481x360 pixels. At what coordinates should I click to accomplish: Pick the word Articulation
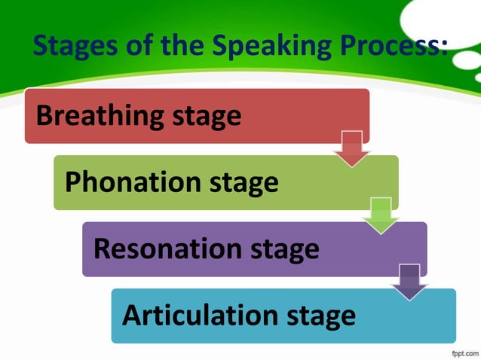198,316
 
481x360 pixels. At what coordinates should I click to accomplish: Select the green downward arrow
381,215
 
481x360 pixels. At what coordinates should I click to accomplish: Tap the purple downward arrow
410,282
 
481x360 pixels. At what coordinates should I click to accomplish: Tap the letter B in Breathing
44,116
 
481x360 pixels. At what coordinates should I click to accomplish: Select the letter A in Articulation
133,316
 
